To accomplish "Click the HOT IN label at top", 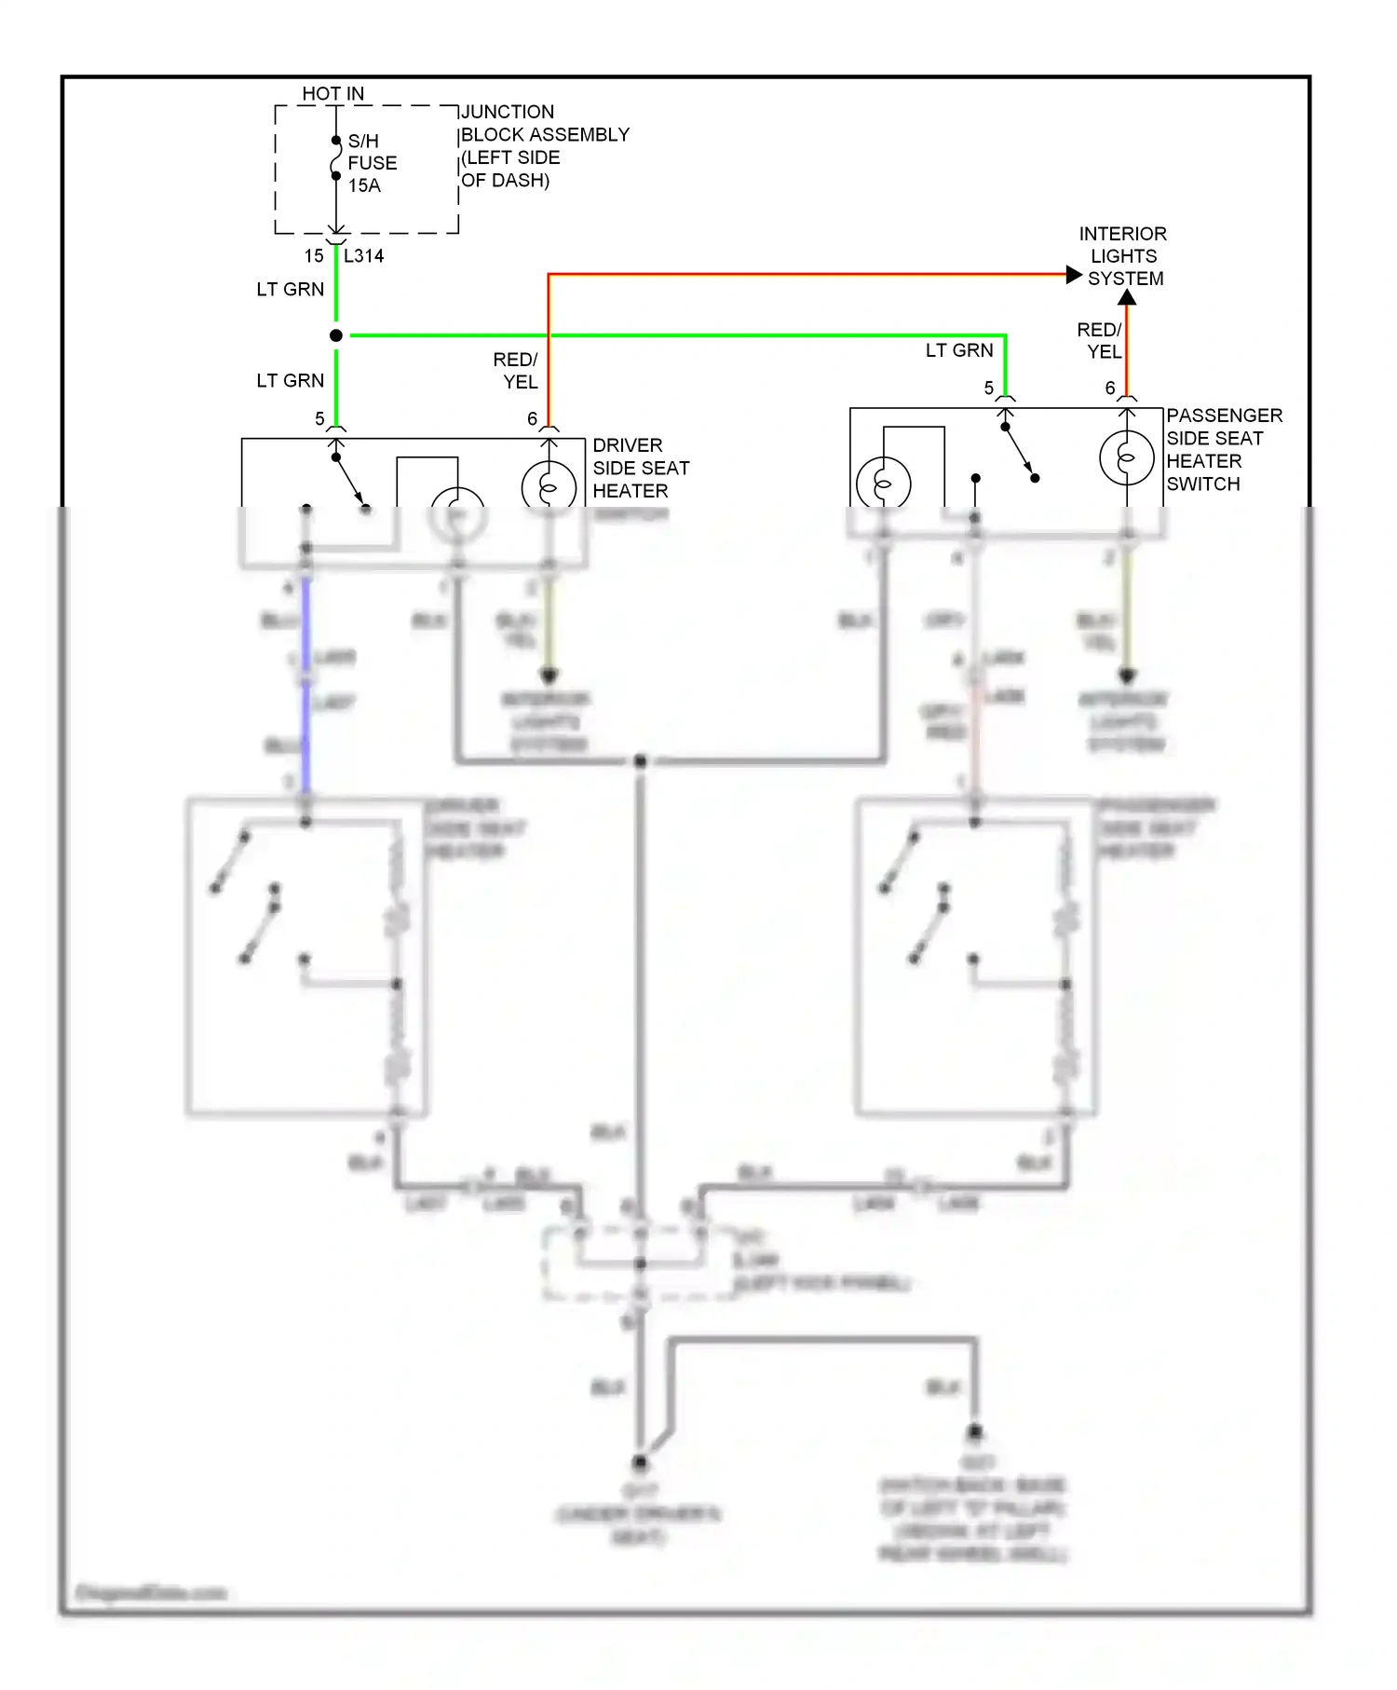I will click(x=332, y=94).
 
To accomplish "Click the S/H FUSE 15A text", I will click(x=372, y=163).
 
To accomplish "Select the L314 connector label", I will click(x=363, y=255).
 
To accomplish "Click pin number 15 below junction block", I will click(x=314, y=255).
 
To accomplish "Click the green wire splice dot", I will click(x=336, y=335).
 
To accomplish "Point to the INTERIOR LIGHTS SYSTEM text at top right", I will click(x=1123, y=255).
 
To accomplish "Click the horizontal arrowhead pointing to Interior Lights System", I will click(x=1074, y=275).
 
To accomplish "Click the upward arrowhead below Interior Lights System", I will click(x=1127, y=298).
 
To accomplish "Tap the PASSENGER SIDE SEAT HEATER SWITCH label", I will click(x=1223, y=449).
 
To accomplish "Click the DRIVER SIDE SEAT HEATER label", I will click(x=640, y=468).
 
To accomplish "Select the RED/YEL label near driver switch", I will click(x=516, y=370).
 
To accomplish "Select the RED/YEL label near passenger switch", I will click(x=1100, y=340).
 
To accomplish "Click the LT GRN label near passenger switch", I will click(x=958, y=350).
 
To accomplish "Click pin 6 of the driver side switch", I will click(x=532, y=419).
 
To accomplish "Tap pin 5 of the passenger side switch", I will click(x=988, y=388).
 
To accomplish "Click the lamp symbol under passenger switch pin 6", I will click(x=1126, y=457).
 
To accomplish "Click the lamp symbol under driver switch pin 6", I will click(x=549, y=486).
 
